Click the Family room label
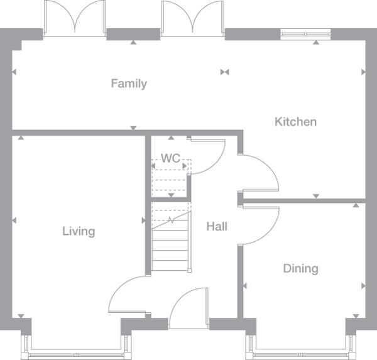point(129,84)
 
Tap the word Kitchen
point(295,121)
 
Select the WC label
point(170,158)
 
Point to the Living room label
point(79,231)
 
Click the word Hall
point(217,226)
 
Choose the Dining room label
point(300,268)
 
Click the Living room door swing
point(129,295)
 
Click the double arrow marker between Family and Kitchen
point(224,72)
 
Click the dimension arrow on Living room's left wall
point(14,220)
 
